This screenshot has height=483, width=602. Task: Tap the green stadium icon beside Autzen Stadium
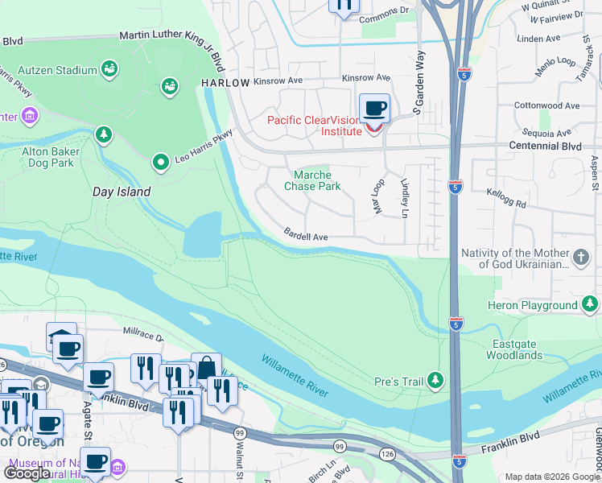pos(108,70)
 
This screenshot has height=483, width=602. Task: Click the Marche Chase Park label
pos(312,180)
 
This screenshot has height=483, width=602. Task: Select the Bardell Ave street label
pos(306,234)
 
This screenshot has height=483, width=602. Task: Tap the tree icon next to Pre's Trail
pos(435,379)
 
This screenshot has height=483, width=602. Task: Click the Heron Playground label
pos(532,305)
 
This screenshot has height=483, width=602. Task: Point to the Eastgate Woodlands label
pos(515,349)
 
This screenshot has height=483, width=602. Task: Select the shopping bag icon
pos(206,368)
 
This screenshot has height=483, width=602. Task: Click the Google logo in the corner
pos(27,473)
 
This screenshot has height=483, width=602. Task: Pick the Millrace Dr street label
pos(143,331)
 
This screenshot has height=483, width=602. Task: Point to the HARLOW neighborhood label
pos(221,83)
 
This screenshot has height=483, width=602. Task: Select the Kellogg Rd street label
pos(506,193)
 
